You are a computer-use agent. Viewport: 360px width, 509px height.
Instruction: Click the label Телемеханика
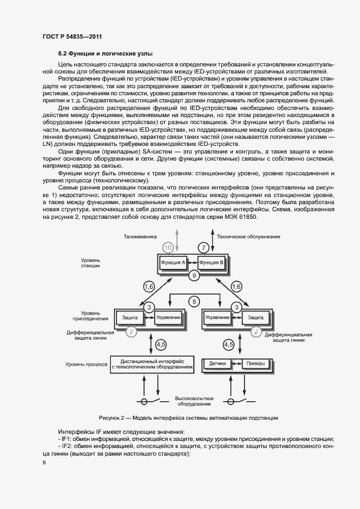pos(140,237)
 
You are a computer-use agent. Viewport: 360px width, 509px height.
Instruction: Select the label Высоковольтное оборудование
pos(194,401)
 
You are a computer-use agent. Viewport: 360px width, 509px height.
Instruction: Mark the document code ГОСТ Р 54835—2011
pos(72,36)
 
